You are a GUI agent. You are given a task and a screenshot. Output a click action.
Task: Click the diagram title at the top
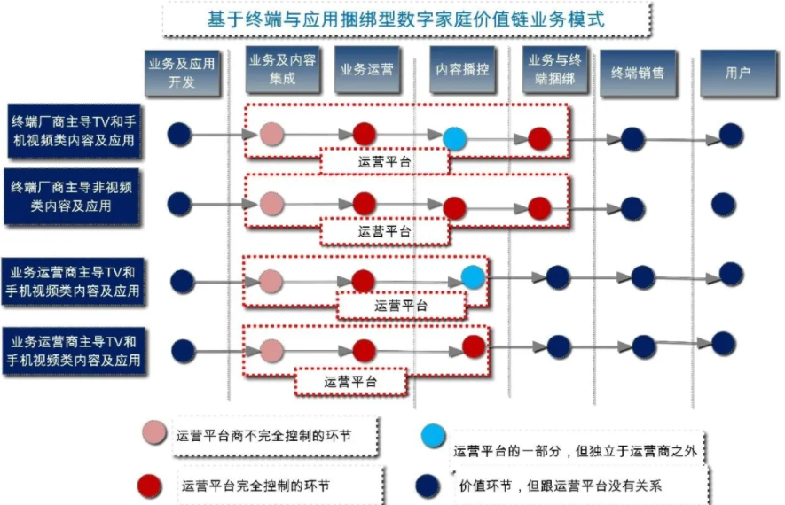tap(407, 18)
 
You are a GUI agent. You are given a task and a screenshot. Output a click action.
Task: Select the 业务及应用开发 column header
tap(181, 72)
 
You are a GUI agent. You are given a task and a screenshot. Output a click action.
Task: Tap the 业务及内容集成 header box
tap(283, 70)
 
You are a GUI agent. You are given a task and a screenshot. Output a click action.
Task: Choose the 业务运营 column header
tap(367, 70)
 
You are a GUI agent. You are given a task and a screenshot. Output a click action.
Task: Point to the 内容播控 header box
tap(461, 70)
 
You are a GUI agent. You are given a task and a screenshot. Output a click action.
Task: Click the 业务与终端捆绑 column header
tap(554, 70)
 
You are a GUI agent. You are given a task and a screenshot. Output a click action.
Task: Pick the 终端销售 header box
tap(638, 74)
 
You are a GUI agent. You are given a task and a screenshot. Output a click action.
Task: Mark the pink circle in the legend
tap(154, 433)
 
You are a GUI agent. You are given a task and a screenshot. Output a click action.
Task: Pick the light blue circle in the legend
tap(434, 435)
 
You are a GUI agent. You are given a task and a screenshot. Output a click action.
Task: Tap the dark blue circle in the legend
tap(428, 485)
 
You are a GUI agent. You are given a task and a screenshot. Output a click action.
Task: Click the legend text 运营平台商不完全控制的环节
tap(263, 435)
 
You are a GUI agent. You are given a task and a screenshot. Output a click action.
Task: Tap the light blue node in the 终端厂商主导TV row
tap(454, 137)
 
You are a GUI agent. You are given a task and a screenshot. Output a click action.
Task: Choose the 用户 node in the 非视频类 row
tap(724, 204)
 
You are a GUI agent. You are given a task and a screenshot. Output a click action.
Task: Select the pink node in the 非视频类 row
tap(271, 204)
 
